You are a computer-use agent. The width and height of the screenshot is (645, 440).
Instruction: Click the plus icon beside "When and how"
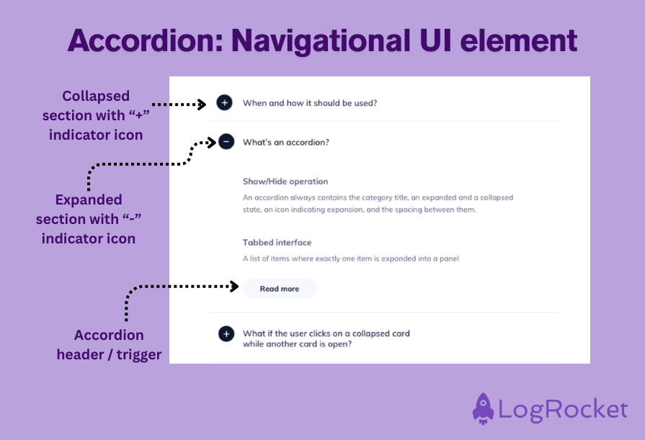(x=225, y=103)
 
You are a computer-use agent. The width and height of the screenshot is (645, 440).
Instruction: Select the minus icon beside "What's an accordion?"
(x=226, y=142)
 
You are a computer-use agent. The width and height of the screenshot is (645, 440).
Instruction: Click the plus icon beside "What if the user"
(x=226, y=333)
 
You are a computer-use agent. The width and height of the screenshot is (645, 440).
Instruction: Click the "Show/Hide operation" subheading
(x=285, y=181)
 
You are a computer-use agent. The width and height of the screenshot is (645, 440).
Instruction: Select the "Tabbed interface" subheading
(x=277, y=243)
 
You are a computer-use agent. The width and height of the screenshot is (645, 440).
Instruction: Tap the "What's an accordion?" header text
(x=285, y=142)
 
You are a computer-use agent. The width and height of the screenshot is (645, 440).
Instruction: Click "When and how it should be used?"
(x=310, y=103)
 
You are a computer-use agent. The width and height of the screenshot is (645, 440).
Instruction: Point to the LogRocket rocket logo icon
(x=484, y=408)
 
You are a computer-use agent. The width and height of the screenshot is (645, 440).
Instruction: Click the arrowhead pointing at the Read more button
(x=234, y=287)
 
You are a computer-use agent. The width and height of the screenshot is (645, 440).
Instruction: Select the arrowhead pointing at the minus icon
(x=212, y=142)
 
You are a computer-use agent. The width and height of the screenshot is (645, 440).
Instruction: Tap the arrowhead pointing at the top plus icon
(x=203, y=104)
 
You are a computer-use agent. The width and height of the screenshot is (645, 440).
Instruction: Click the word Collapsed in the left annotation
(x=96, y=96)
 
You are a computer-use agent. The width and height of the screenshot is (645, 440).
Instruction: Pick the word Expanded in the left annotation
(x=89, y=199)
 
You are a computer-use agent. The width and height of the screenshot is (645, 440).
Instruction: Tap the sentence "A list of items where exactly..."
(x=351, y=259)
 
